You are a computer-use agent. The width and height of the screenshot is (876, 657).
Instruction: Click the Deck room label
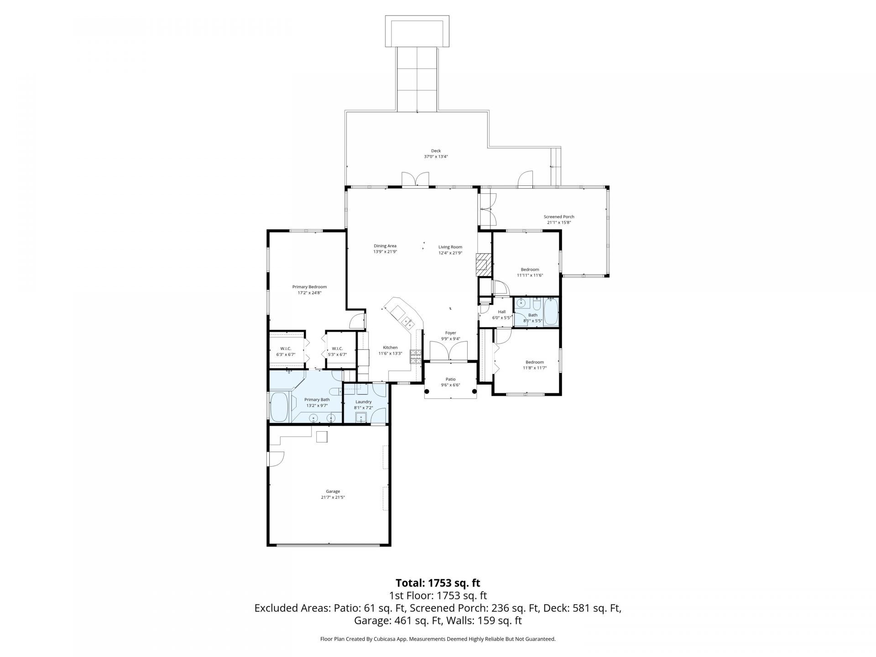(436, 151)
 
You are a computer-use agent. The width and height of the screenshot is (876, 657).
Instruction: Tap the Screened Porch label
(558, 217)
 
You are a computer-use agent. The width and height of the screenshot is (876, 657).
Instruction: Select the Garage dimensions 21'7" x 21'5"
(333, 497)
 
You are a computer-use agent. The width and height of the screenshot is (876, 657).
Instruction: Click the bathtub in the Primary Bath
(280, 407)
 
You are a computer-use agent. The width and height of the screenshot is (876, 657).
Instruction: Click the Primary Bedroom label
(309, 287)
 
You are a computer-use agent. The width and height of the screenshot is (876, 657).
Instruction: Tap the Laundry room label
(364, 402)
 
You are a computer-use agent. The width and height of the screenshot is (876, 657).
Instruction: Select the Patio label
(450, 379)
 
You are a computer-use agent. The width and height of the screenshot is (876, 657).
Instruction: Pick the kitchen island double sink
(408, 323)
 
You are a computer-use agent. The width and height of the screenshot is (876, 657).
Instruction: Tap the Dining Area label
(385, 246)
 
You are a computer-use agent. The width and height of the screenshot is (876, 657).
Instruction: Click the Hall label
(501, 312)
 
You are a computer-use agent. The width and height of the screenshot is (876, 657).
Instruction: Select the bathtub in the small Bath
(551, 312)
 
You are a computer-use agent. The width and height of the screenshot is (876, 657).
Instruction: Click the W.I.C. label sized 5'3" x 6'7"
(337, 349)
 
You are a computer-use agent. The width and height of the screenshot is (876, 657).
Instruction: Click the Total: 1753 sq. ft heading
(438, 583)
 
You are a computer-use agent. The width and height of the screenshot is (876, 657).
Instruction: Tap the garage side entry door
(276, 458)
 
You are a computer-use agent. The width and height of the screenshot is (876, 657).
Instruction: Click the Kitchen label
(390, 347)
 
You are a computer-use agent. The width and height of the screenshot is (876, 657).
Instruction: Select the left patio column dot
(428, 391)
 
